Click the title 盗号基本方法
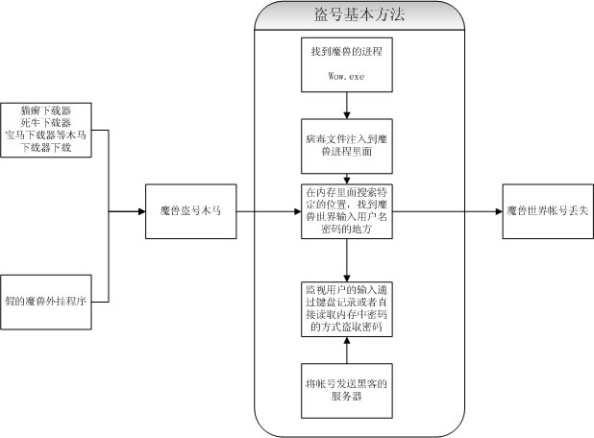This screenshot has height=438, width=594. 347,15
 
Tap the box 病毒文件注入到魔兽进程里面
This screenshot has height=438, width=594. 347,145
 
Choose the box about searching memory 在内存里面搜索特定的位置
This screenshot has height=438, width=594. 347,209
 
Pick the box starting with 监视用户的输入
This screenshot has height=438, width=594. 347,308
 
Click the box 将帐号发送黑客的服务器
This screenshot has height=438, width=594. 347,391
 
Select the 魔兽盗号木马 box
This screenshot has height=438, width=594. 191,209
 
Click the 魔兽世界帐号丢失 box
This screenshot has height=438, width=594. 546,209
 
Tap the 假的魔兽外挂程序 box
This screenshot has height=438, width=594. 46,300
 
